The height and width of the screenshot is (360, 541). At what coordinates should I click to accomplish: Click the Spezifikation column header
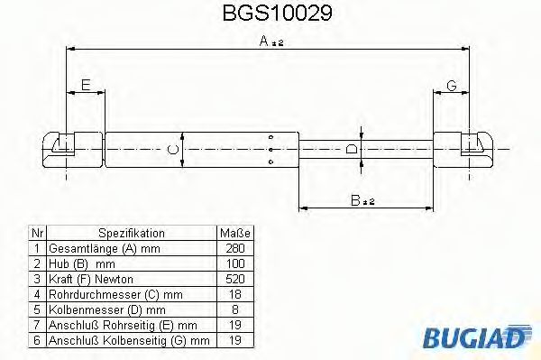click(131, 233)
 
